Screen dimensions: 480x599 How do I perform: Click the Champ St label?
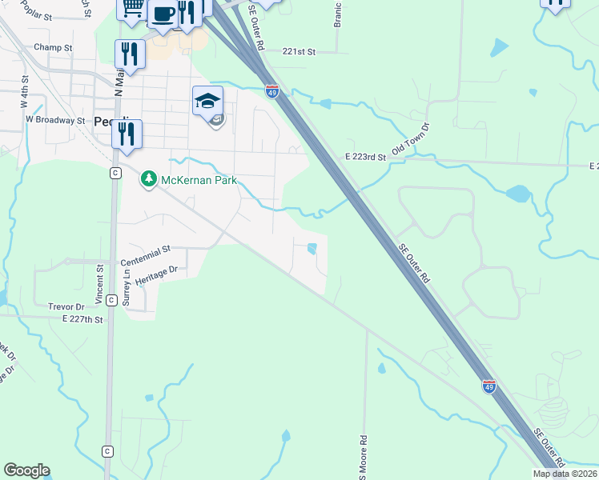click(x=53, y=47)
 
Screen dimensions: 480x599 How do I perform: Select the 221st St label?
click(x=299, y=51)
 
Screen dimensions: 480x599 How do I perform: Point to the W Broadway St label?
click(x=55, y=120)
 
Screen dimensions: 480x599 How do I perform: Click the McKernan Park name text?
click(x=199, y=180)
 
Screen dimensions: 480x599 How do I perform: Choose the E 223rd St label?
click(x=366, y=157)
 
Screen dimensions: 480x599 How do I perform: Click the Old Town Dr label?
click(x=410, y=140)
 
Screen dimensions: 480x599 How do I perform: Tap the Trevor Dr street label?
click(x=66, y=306)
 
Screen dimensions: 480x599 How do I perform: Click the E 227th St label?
click(x=83, y=319)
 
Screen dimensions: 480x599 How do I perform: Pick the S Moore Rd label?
click(x=363, y=456)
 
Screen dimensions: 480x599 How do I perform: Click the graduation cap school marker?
click(x=207, y=100)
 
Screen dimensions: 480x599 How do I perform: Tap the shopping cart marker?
click(x=132, y=8)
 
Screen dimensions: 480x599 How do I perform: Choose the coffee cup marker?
click(x=163, y=14)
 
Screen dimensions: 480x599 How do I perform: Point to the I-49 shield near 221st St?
click(x=272, y=92)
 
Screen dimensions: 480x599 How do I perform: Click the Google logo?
click(x=26, y=470)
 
